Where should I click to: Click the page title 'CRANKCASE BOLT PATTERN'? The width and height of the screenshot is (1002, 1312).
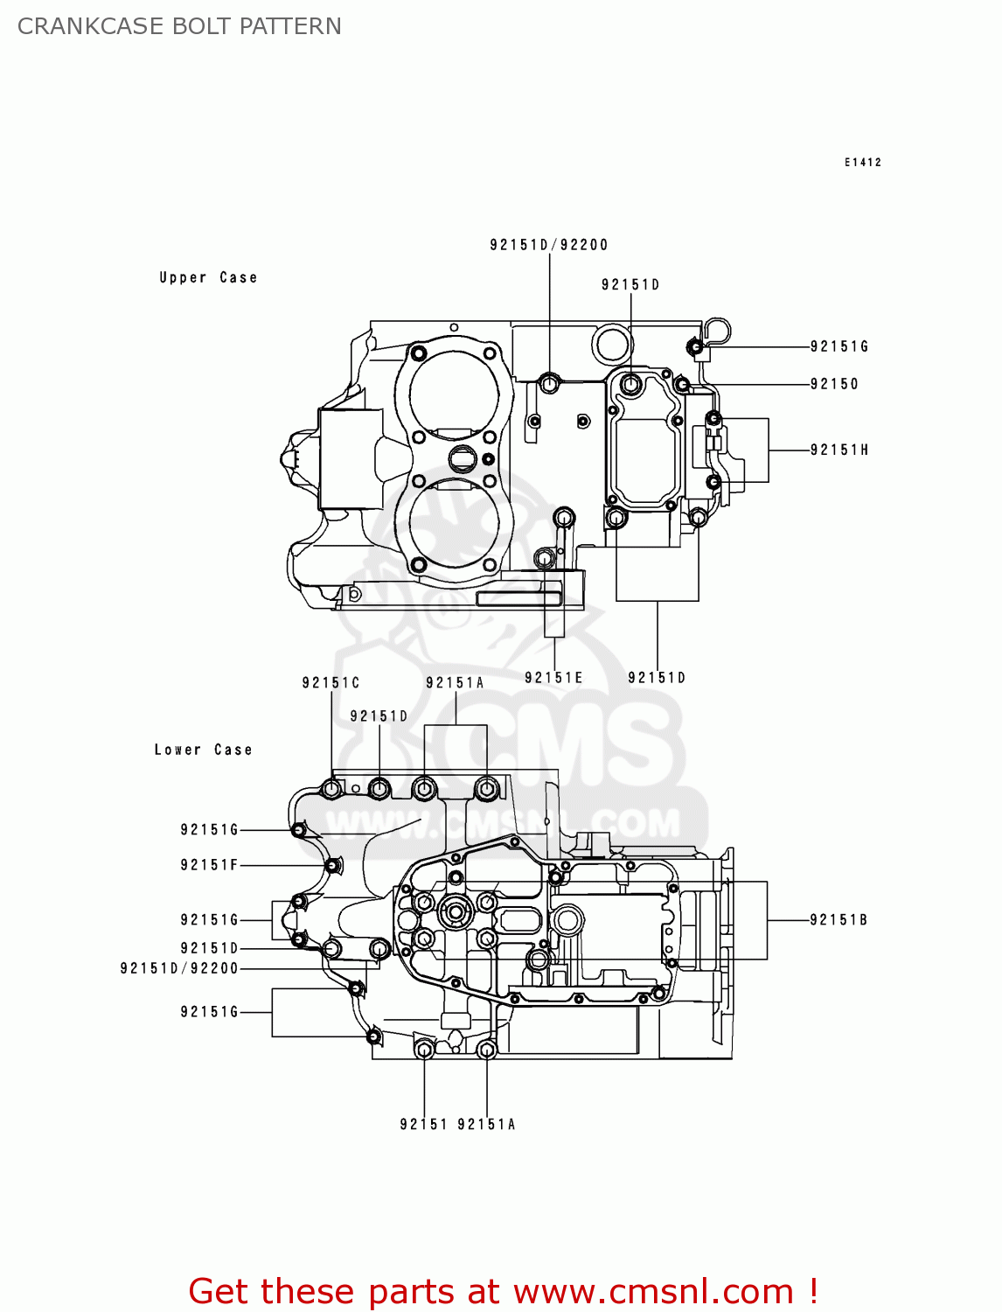click(179, 26)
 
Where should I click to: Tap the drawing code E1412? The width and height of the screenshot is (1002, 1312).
click(862, 163)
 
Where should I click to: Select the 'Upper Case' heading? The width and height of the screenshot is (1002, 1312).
click(208, 277)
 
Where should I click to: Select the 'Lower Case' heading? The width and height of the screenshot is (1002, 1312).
click(203, 750)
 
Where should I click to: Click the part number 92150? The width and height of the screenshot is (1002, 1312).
click(834, 384)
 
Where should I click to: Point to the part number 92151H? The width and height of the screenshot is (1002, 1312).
click(838, 450)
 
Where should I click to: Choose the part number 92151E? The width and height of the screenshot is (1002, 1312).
click(553, 677)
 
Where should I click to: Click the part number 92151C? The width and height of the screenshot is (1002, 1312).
click(331, 682)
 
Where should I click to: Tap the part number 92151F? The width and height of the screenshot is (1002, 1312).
click(209, 865)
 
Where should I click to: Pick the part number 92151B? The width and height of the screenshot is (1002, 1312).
click(838, 919)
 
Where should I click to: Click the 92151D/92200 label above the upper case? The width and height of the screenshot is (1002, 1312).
click(548, 245)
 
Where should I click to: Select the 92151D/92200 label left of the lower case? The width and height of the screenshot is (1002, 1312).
click(179, 968)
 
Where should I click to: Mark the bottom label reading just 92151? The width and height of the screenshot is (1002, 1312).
click(423, 1124)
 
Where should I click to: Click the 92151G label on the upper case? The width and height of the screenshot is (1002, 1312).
click(838, 346)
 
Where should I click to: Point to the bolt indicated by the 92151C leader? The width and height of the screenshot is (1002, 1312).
click(331, 790)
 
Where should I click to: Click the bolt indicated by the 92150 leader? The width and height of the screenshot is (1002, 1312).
click(682, 385)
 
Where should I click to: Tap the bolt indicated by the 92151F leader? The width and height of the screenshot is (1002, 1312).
click(332, 866)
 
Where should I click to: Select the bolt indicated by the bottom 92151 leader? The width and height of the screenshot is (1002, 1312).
click(424, 1050)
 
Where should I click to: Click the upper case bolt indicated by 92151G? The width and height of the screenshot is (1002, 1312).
click(696, 347)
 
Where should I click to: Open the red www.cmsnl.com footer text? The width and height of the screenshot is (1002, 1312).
click(503, 1291)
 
